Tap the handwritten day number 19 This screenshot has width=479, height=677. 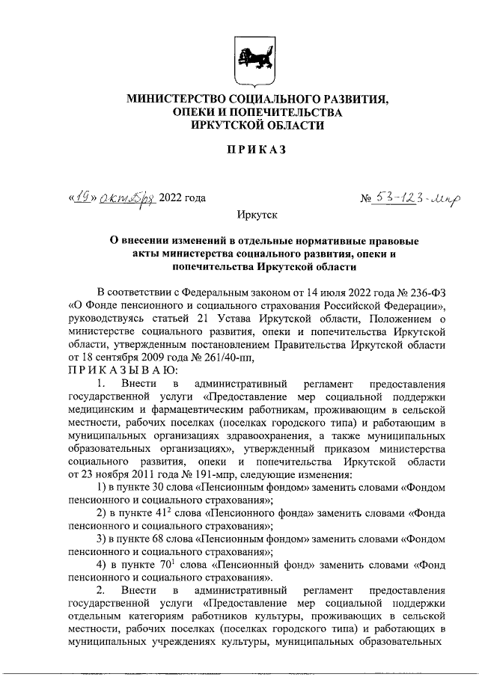[82, 197]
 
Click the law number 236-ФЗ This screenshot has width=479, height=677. [427, 290]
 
